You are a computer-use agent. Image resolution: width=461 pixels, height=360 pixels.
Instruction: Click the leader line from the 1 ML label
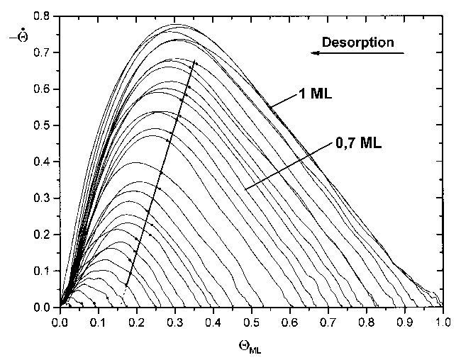point(282,101)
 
